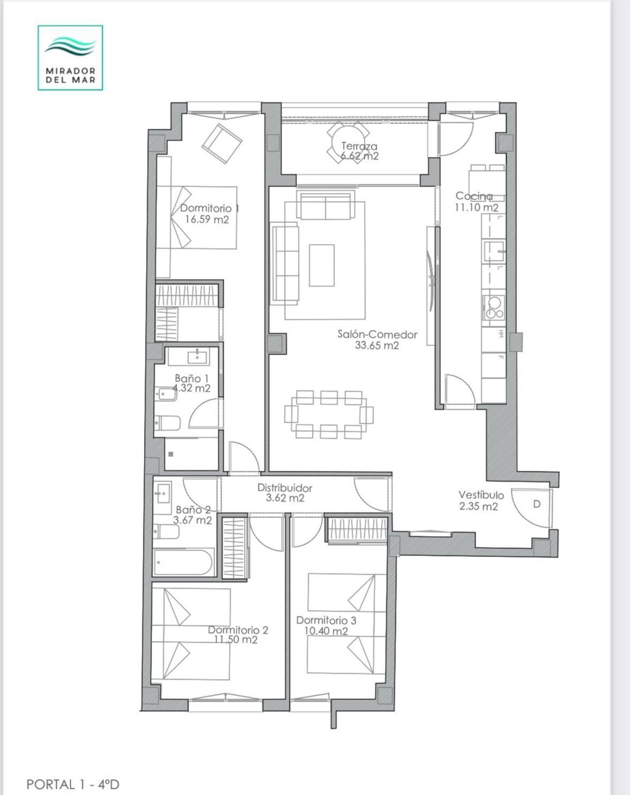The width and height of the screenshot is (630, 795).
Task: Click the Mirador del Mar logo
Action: click(x=70, y=58)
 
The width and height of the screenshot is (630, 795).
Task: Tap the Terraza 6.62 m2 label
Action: click(x=359, y=151)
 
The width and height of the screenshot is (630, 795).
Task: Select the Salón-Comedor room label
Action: click(x=377, y=340)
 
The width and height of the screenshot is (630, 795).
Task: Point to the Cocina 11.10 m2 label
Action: click(x=477, y=202)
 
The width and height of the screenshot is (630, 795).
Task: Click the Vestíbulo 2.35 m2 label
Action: click(x=480, y=500)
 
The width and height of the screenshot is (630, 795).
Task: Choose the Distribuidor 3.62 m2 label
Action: click(x=285, y=493)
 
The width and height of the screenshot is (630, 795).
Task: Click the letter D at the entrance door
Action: click(x=536, y=504)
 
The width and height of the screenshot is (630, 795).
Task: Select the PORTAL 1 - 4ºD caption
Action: click(x=73, y=784)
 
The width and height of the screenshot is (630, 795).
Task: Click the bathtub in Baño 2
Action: click(x=184, y=562)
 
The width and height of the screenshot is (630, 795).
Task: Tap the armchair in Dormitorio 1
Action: click(x=222, y=143)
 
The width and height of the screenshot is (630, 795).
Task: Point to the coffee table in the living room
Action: click(x=322, y=265)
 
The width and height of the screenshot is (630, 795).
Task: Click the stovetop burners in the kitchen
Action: click(x=493, y=307)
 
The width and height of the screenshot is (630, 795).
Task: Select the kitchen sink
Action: click(x=494, y=251)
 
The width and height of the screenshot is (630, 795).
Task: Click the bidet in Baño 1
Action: click(x=166, y=394)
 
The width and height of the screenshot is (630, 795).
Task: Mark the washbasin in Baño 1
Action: click(x=197, y=357)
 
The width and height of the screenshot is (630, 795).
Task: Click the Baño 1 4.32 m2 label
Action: click(x=192, y=383)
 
